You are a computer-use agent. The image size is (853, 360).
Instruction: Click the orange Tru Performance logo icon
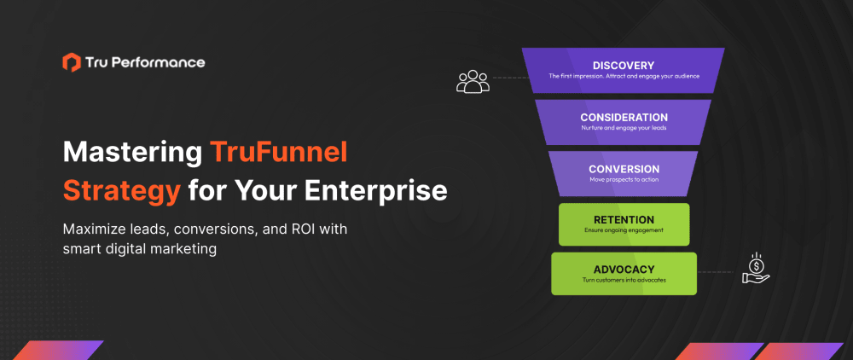coord(72,62)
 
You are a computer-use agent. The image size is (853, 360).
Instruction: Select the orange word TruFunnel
coord(279,154)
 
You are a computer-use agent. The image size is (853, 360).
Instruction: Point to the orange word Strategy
coord(121,189)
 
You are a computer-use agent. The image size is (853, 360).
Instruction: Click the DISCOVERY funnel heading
coord(624,65)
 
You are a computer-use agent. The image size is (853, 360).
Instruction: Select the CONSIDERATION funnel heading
coord(624,117)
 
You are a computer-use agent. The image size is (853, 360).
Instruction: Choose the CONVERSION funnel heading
coord(624,169)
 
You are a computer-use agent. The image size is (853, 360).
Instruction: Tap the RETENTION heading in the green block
coord(624,219)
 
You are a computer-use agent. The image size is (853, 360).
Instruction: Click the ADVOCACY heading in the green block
coord(624,269)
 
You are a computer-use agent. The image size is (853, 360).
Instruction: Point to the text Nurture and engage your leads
coord(624,129)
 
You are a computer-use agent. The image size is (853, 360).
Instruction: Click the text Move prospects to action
coord(624,180)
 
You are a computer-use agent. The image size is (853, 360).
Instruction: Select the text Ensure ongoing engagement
coord(624,230)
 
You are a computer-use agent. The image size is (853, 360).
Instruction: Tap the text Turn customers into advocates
coord(624,281)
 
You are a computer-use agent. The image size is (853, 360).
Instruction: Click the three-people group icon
coord(473,81)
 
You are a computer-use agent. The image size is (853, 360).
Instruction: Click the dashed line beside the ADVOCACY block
coord(716,273)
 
